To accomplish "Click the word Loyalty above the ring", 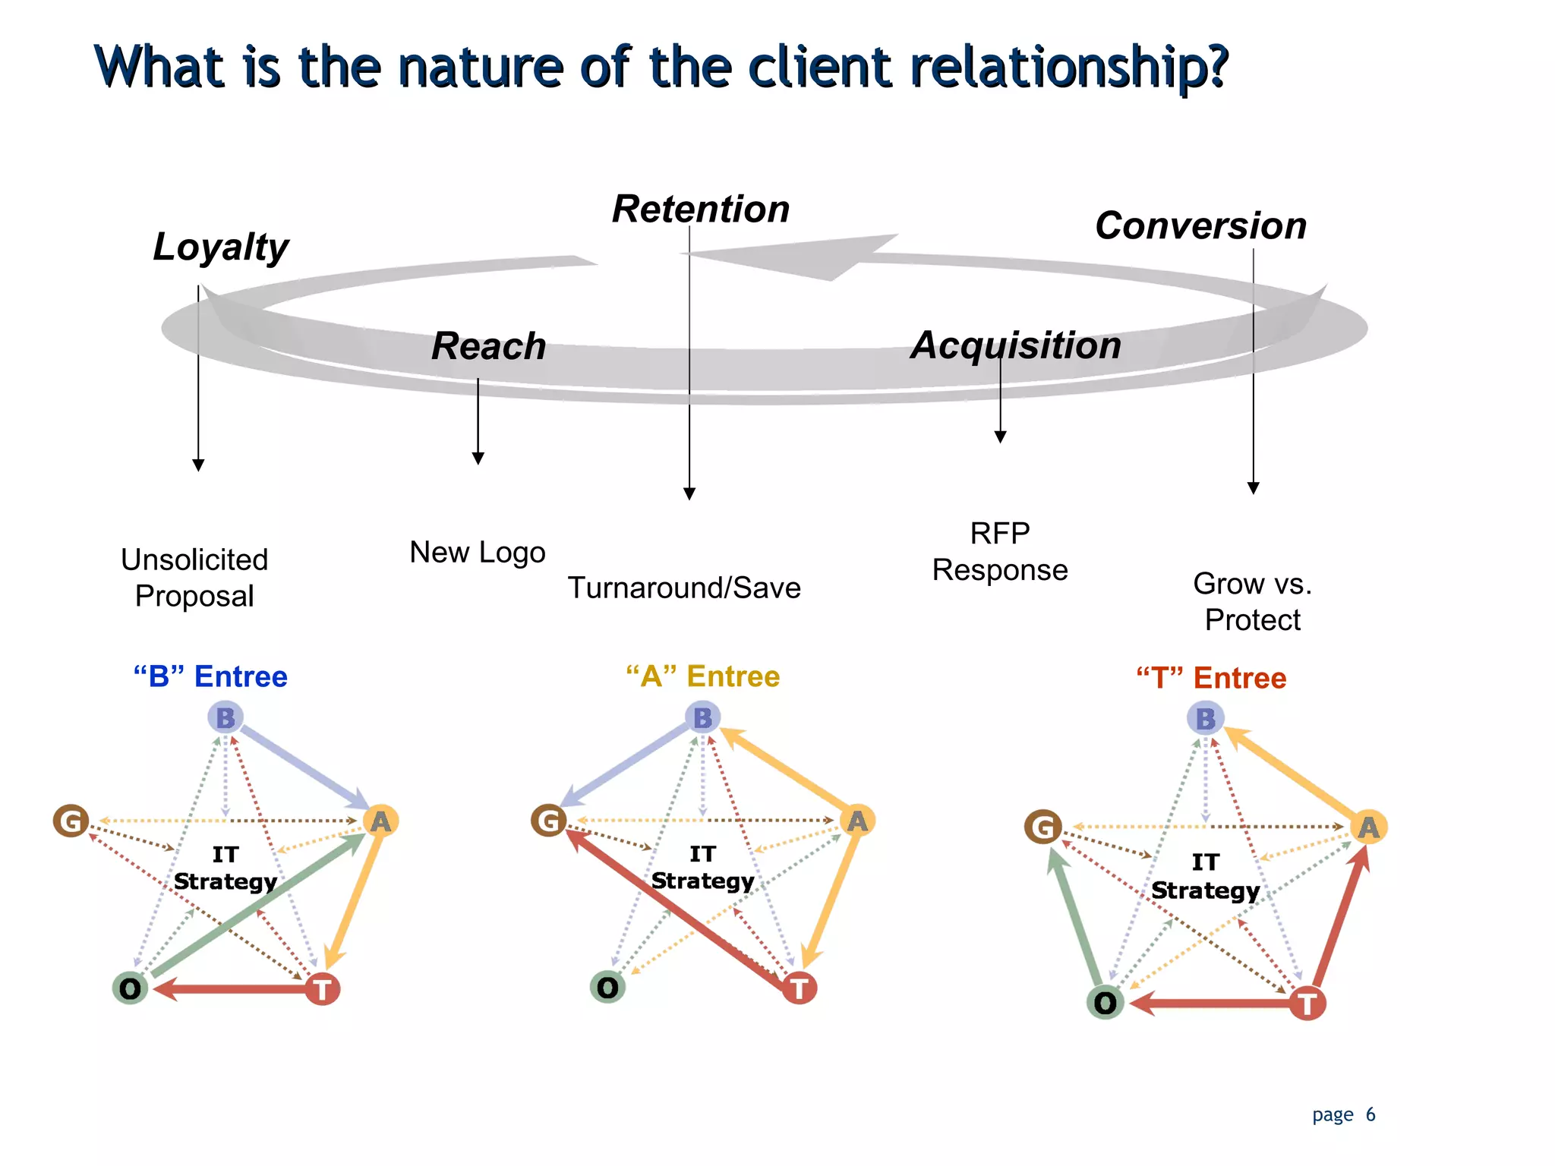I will coord(221,247).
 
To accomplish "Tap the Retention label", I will coord(701,209).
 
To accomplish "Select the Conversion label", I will coord(1200,226).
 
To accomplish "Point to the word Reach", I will coord(488,346).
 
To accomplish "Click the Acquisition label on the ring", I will coord(1016,345).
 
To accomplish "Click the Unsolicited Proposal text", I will coord(194,578).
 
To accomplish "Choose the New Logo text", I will coord(478,552).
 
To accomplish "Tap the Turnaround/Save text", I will coord(684,588).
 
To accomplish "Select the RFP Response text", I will coord(1000,552).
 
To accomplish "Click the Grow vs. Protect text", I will coord(1253,602).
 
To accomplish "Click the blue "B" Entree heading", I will coord(210,676).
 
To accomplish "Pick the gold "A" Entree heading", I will coord(702,676).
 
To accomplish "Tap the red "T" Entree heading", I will coord(1211,678).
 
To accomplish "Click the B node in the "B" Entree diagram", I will coord(226,717).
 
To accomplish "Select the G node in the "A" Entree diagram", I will coord(549,821).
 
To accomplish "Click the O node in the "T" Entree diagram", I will coord(1106,1003).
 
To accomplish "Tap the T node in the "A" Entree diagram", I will coord(800,988).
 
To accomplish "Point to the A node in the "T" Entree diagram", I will coord(1368,827).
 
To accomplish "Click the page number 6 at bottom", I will coord(1370,1114).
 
